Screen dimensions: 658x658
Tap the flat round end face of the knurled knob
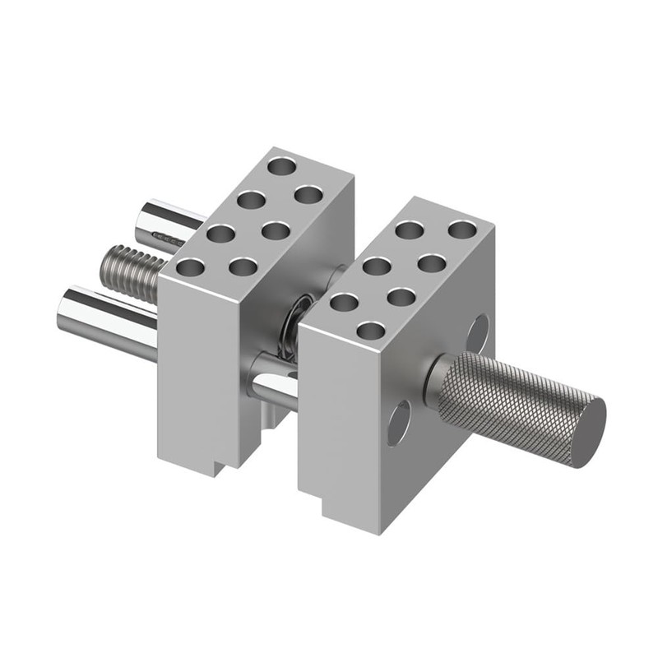pos(589,431)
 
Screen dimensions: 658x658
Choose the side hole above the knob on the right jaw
pos(476,333)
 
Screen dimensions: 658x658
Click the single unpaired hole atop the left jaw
pos(281,166)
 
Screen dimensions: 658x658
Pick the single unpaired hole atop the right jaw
pos(372,331)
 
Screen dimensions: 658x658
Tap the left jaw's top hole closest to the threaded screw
pos(190,266)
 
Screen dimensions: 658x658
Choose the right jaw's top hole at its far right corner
pos(462,229)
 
